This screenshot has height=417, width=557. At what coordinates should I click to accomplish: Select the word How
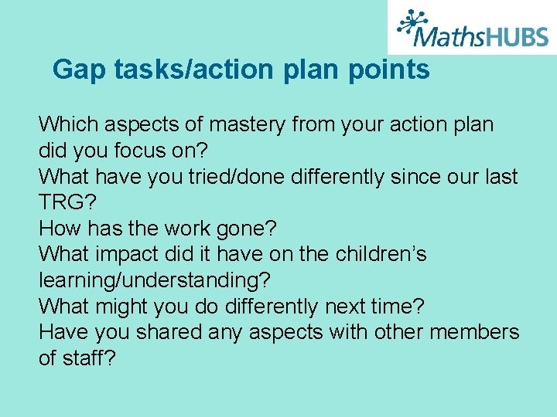[x=60, y=229]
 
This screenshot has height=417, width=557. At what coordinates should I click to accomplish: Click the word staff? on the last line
[x=90, y=359]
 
